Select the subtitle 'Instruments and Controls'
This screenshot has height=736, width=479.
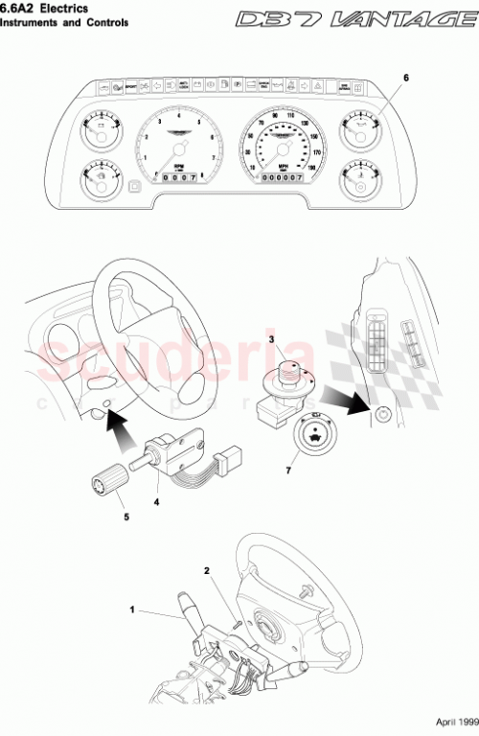[x=64, y=22]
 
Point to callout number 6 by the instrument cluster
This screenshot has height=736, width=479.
[x=405, y=77]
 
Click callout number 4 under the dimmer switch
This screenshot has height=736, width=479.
[x=156, y=499]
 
